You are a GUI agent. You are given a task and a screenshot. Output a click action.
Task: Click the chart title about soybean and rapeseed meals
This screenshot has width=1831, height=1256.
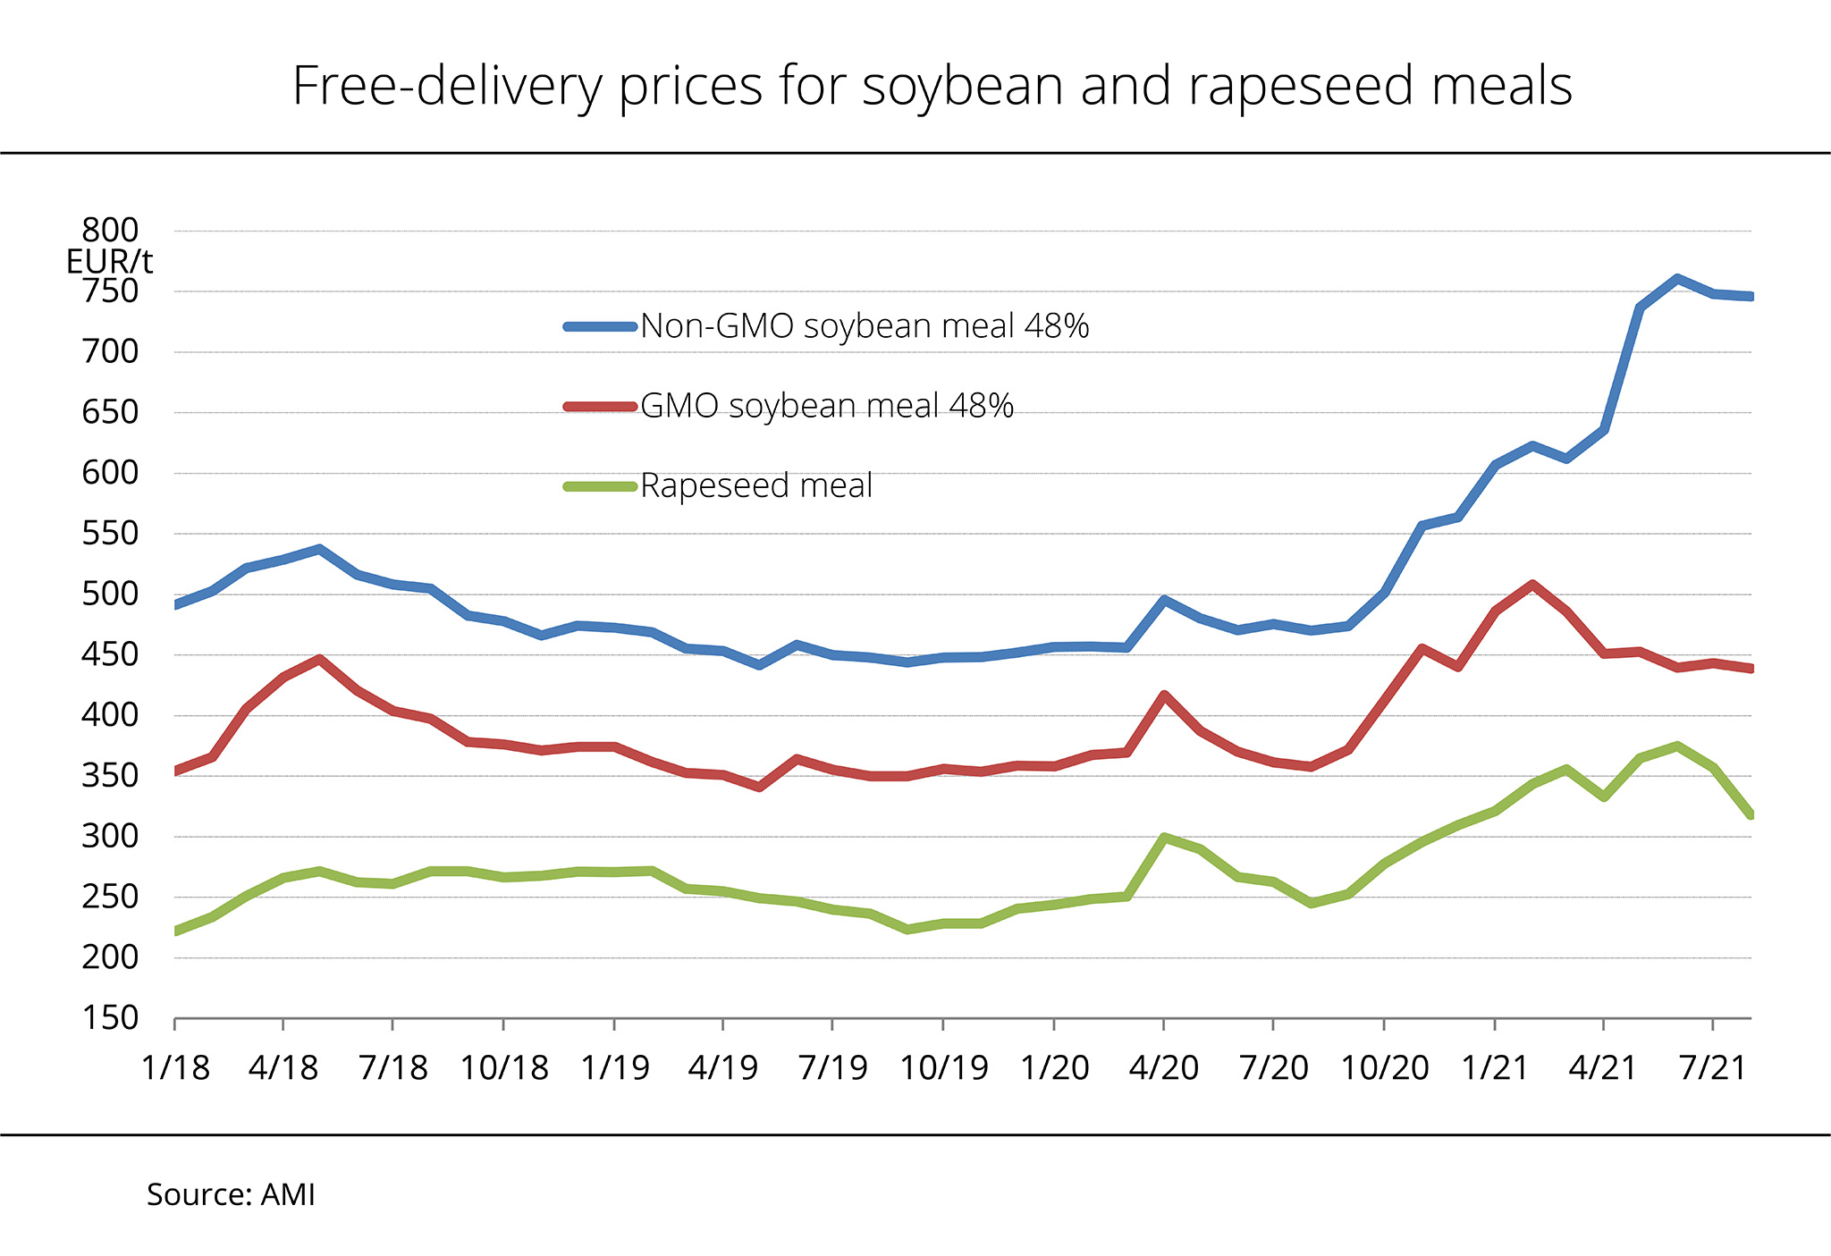932,87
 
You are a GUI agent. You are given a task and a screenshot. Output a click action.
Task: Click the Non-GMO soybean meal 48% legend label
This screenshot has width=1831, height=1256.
865,326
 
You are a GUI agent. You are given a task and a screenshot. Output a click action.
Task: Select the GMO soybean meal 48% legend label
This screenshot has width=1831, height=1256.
827,406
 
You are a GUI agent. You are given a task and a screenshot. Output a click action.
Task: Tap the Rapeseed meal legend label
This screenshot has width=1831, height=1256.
756,485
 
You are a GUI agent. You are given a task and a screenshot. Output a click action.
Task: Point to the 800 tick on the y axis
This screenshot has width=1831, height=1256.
111,231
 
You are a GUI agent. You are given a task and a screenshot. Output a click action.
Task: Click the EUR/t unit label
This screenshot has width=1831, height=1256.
109,262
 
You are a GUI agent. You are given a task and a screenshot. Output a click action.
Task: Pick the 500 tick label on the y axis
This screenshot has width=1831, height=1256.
111,594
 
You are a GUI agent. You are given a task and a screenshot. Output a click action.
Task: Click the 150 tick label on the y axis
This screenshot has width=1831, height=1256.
111,1018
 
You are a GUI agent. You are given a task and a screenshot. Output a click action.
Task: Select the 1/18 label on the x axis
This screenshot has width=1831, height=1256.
175,1067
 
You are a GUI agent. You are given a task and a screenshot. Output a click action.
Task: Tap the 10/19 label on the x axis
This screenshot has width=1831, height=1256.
944,1067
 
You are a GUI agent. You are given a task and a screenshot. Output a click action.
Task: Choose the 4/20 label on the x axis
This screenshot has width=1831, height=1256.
1164,1067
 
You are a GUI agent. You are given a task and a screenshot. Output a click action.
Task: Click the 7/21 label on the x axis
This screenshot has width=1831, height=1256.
1713,1067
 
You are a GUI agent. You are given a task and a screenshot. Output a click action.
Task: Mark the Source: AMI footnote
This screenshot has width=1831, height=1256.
231,1195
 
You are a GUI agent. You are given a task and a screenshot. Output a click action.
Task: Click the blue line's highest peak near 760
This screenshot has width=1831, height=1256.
1677,279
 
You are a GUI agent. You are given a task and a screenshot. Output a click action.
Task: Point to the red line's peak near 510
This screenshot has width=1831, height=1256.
1532,585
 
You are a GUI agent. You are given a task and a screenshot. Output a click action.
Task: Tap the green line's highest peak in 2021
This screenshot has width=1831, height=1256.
1677,746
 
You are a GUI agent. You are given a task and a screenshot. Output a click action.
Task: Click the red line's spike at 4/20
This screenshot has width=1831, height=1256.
1164,695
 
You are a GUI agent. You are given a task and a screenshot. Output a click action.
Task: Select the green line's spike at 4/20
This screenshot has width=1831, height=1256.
1164,838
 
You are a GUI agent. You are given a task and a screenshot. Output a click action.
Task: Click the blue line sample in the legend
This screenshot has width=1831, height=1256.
600,327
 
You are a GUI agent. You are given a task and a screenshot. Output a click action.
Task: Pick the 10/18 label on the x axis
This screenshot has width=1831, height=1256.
504,1067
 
